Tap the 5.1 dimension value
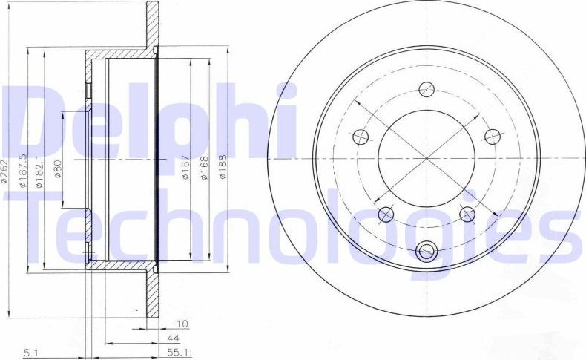31,352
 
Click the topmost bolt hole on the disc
426,89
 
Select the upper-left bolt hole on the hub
360,137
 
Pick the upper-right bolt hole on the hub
491,136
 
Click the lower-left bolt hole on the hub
385,215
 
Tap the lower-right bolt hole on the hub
467,214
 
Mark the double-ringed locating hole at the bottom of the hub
426,252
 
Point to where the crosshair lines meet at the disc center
426,157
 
